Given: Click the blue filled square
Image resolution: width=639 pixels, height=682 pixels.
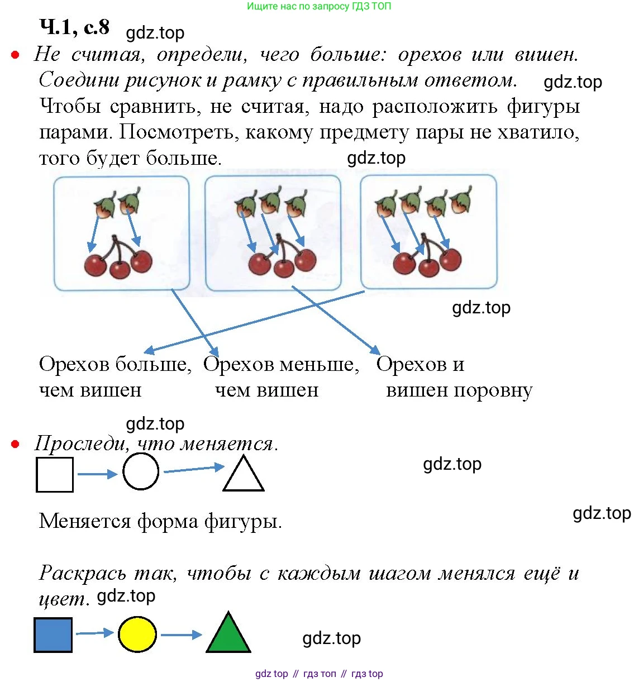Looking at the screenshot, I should [53, 635].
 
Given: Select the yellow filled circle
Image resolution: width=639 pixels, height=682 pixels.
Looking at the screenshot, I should [137, 634].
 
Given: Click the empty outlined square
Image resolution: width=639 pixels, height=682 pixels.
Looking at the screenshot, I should [54, 475].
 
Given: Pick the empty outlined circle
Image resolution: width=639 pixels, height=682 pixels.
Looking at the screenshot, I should [141, 472].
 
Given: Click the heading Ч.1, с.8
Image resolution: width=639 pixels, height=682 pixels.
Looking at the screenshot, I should [74, 27].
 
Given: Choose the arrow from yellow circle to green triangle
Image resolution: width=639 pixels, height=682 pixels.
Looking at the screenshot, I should [181, 635].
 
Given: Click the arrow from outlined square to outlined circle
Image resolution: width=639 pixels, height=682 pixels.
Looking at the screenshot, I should [97, 474].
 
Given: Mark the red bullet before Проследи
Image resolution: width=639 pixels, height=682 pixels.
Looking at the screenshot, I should [15, 445].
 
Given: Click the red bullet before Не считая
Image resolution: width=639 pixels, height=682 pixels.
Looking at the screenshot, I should [15, 55].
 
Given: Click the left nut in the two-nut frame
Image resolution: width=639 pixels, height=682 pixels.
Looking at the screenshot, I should [105, 207].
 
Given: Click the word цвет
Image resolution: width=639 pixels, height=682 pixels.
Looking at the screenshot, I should [63, 599].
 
